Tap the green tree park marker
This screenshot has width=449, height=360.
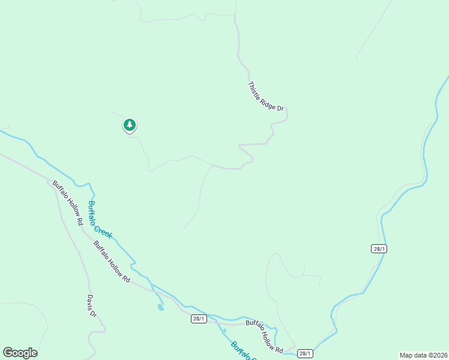pyautogui.click(x=129, y=125)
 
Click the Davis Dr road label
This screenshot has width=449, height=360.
pyautogui.click(x=91, y=306)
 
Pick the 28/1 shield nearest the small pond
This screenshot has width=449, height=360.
pyautogui.click(x=199, y=319)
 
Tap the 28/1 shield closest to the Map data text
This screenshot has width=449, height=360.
pyautogui.click(x=305, y=353)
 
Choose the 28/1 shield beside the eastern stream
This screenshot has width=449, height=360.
pyautogui.click(x=379, y=248)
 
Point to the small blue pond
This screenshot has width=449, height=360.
pyautogui.click(x=160, y=308)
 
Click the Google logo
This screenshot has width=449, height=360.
pyautogui.click(x=20, y=353)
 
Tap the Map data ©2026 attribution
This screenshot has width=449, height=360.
pyautogui.click(x=423, y=355)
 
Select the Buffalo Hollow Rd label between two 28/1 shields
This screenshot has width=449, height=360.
pyautogui.click(x=265, y=336)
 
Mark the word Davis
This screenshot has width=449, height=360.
pyautogui.click(x=90, y=302)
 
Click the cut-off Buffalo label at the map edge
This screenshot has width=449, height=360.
pyautogui.click(x=243, y=352)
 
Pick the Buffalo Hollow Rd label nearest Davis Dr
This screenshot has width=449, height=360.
pyautogui.click(x=112, y=262)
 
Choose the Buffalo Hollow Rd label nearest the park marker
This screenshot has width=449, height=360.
pyautogui.click(x=67, y=203)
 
